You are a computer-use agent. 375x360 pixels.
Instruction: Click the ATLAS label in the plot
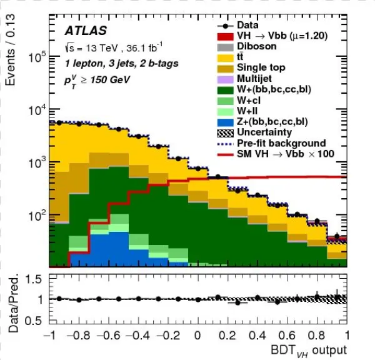(85, 31)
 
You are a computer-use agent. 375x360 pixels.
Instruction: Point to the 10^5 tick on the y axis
(40, 57)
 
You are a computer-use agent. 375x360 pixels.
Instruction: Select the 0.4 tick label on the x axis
(257, 335)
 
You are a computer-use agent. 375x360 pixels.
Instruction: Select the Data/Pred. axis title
(12, 301)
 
